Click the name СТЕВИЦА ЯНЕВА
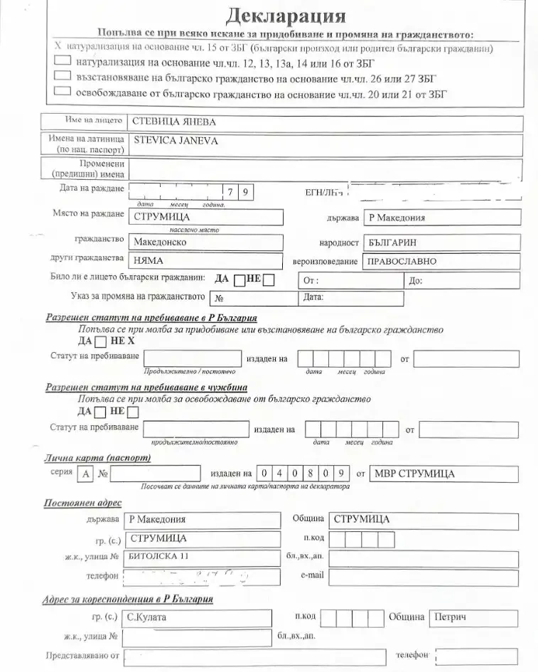175,122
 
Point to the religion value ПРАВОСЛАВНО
402,261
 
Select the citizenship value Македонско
161,242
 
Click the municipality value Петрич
450,617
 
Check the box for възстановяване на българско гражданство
62,77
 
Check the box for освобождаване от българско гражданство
62,92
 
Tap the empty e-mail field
425,576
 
